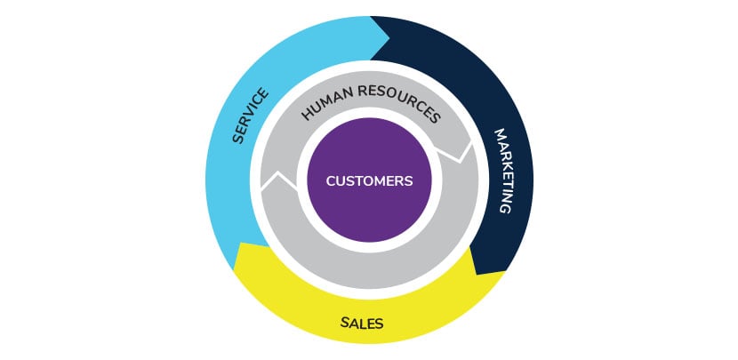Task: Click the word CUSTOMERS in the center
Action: (x=369, y=180)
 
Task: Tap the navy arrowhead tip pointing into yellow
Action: (x=480, y=272)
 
